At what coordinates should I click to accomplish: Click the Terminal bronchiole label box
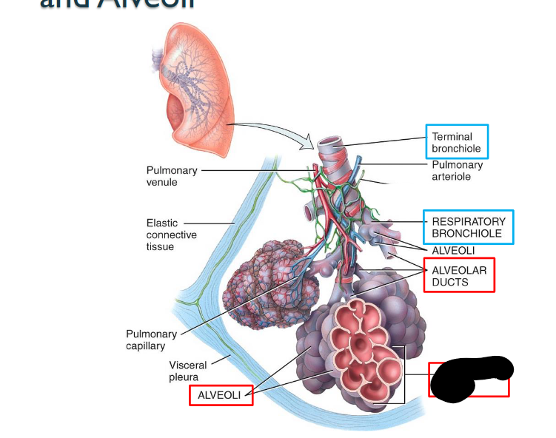tap(457, 143)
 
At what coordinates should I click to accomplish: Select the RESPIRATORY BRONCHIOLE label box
tap(468, 227)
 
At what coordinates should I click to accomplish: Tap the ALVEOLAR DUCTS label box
tap(459, 275)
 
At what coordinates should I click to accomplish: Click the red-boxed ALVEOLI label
tap(220, 396)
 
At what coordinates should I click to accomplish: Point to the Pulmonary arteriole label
tap(457, 171)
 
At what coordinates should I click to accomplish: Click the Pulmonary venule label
tap(172, 176)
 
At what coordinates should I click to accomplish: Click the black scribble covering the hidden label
tap(468, 377)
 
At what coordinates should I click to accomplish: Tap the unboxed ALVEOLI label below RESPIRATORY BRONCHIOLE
tap(453, 251)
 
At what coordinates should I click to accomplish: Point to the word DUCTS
tap(450, 282)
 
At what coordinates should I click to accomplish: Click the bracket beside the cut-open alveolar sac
tap(403, 374)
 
